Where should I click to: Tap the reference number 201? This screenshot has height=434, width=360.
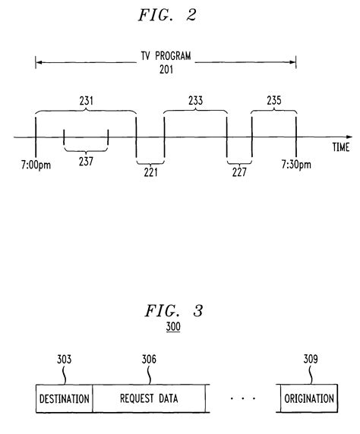point(166,70)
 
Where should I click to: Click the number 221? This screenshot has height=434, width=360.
point(150,172)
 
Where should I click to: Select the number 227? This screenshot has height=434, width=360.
point(239,172)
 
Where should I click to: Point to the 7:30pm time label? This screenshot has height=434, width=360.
point(296,165)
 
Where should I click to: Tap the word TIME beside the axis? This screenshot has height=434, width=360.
point(339,148)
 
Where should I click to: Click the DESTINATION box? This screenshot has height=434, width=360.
point(64,399)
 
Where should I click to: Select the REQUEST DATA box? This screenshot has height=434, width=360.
point(150,399)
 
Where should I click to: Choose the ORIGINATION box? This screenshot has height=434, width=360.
point(308,399)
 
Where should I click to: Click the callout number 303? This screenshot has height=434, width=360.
point(64,360)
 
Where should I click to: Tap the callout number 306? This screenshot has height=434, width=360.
point(150,360)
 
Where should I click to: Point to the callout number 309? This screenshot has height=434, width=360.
point(310,360)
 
